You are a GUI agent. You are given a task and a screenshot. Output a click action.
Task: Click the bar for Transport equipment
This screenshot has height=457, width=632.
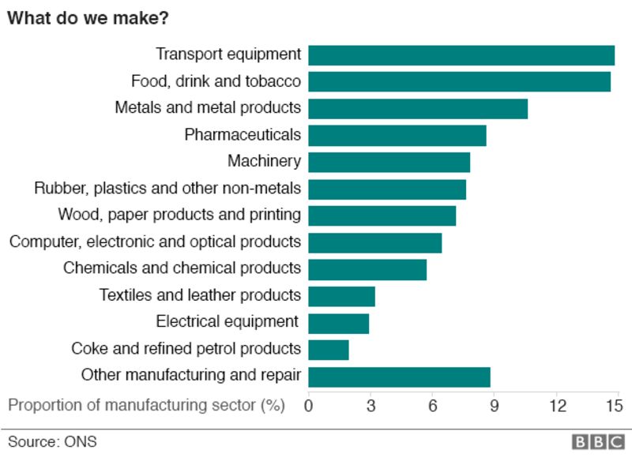point(461,55)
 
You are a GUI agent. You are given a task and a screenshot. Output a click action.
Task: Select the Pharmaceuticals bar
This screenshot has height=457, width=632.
point(397,136)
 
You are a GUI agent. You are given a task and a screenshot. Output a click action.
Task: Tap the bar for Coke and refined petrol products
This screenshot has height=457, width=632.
point(328,350)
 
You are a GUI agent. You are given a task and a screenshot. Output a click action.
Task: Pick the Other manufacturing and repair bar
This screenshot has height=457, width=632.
point(399,377)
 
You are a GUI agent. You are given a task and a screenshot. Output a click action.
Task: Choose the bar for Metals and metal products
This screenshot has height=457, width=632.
point(417,109)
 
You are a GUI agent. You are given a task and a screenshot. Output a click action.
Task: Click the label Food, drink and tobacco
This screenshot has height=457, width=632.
point(216,81)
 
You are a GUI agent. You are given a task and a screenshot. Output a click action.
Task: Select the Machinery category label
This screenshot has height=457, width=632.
point(264,162)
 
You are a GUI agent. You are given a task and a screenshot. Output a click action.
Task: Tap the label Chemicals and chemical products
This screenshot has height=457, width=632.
point(182,268)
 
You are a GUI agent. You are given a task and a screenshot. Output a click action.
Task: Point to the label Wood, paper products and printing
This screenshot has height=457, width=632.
point(179,215)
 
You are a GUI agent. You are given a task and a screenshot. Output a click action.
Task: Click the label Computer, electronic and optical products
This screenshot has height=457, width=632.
point(155,242)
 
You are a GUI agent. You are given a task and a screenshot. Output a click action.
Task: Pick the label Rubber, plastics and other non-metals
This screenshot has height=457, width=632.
point(167,189)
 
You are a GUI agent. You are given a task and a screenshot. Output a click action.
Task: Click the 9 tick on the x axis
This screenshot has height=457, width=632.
point(494,406)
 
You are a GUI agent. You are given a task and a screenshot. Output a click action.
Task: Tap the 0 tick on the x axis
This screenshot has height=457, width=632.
point(308,406)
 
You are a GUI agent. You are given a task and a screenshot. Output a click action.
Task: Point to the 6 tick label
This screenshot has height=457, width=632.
point(432,406)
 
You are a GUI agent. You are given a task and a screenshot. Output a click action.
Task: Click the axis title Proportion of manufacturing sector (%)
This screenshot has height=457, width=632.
point(146,406)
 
